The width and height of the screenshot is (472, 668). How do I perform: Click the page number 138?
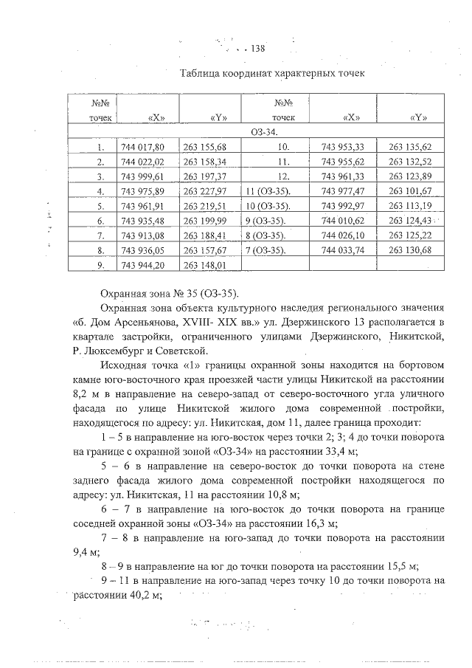257,49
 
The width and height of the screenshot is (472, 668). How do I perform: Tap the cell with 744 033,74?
344,251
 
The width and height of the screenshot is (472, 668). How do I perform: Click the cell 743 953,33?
344,147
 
